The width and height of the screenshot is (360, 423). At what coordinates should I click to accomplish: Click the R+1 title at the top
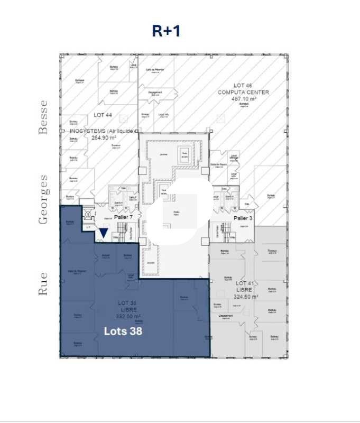click(x=166, y=31)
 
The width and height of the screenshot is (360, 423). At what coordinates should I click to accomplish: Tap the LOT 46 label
click(x=244, y=85)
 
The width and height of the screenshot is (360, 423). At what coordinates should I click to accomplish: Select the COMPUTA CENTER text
click(x=244, y=92)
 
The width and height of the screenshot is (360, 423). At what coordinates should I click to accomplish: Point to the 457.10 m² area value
click(x=244, y=99)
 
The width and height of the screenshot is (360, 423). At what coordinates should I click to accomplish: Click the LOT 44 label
click(x=103, y=115)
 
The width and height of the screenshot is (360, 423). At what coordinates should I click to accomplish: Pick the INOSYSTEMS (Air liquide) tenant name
click(x=103, y=131)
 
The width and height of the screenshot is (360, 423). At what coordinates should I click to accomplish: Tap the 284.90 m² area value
click(x=105, y=137)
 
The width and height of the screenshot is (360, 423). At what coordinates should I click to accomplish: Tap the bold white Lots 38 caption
click(x=123, y=332)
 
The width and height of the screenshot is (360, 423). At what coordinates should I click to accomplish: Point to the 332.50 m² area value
click(x=127, y=316)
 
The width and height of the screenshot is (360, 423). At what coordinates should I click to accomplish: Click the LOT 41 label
click(x=244, y=283)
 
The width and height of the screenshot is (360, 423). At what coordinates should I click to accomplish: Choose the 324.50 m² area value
click(x=246, y=297)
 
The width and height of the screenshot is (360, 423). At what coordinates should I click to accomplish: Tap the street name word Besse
click(x=43, y=117)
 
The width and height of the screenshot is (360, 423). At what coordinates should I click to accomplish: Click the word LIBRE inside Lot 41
click(x=245, y=290)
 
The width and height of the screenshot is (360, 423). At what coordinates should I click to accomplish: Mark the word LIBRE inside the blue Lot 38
click(x=127, y=309)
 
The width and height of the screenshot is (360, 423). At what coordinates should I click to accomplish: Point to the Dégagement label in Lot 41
click(x=225, y=316)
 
